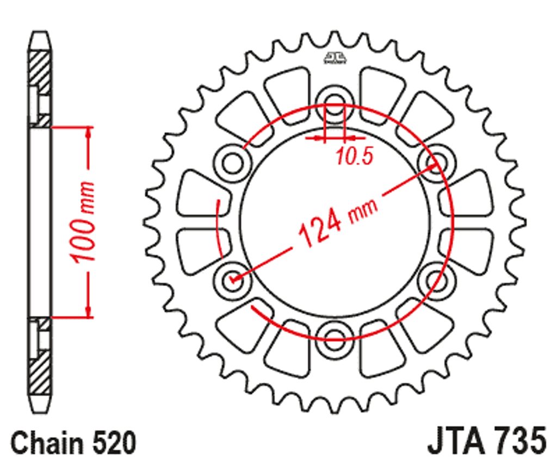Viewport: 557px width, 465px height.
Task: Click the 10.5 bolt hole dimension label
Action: tap(354, 156)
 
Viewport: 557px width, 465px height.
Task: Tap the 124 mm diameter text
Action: tap(337, 222)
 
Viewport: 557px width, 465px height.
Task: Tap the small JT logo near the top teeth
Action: tap(335, 58)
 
